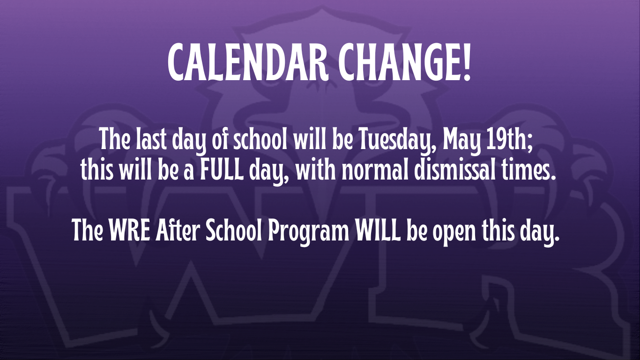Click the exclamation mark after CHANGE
click(x=466, y=62)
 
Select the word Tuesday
click(x=398, y=140)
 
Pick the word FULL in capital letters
click(x=222, y=170)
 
